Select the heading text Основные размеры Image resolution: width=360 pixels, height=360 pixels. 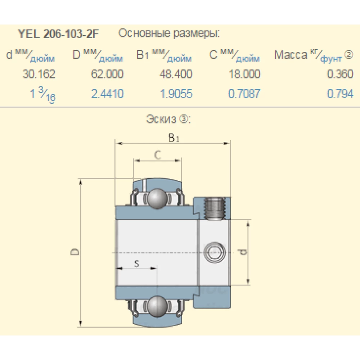[x=169, y=34]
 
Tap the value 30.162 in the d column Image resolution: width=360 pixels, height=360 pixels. [x=39, y=75]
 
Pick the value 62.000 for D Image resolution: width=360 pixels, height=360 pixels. [x=107, y=75]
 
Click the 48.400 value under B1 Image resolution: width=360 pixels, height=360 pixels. [x=176, y=75]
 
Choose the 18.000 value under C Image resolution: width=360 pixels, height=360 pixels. [x=244, y=75]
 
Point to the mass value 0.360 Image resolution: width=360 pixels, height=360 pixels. [x=340, y=75]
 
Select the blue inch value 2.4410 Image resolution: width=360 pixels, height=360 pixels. [x=107, y=94]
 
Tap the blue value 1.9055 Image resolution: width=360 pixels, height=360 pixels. [x=176, y=94]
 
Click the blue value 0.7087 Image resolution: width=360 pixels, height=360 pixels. [x=244, y=94]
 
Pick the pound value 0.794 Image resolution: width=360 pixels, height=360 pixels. [x=340, y=94]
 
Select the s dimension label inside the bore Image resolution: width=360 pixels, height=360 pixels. [x=136, y=264]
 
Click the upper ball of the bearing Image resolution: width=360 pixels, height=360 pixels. [x=157, y=198]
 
